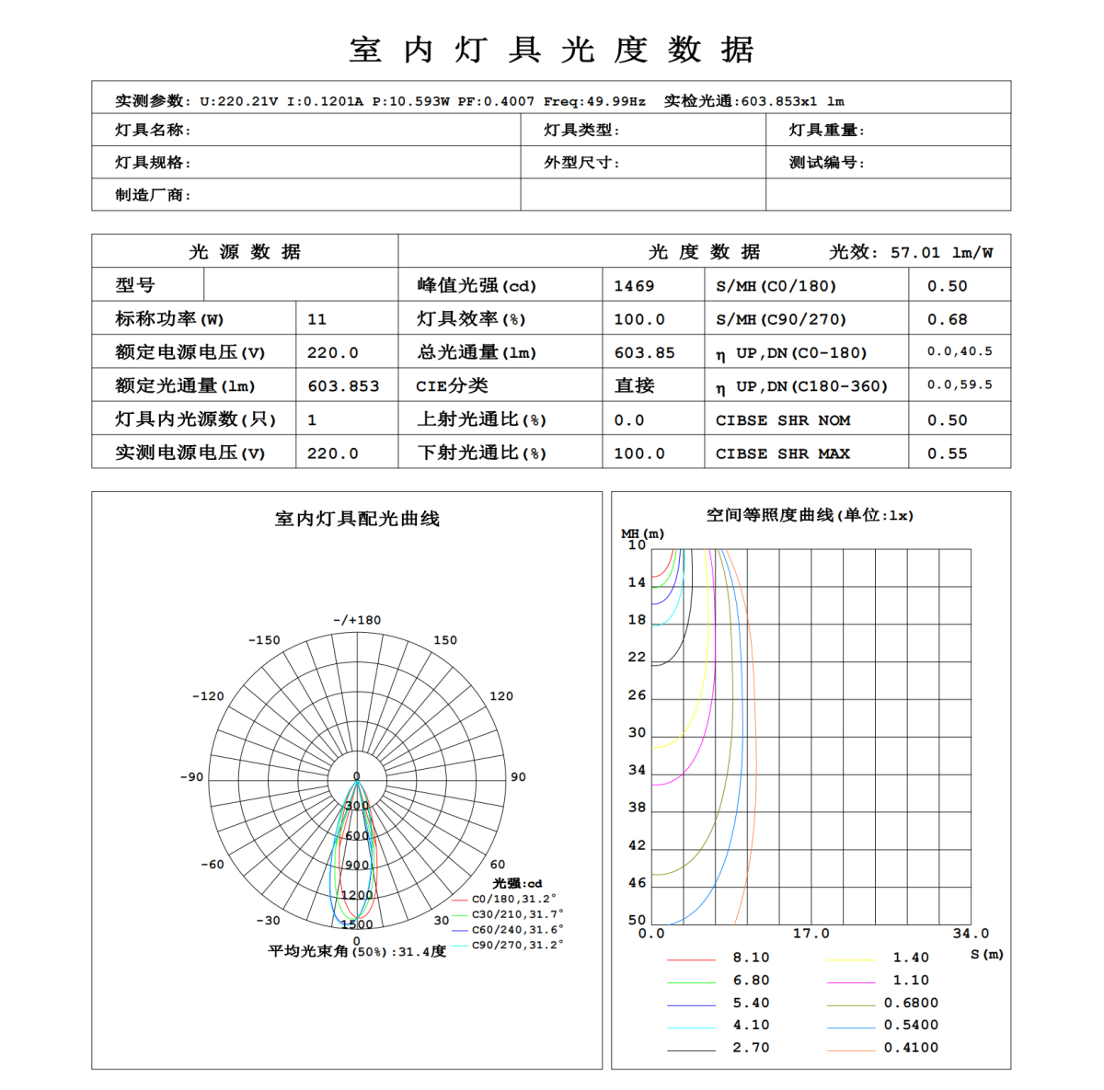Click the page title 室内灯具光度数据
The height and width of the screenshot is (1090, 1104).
551,50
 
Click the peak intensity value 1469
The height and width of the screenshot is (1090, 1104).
634,286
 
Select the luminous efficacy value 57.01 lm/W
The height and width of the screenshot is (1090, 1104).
941,252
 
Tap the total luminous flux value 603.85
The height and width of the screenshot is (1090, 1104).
644,352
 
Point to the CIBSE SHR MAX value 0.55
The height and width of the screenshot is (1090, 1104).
947,453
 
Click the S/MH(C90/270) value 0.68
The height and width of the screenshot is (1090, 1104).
947,319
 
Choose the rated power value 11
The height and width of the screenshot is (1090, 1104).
316,319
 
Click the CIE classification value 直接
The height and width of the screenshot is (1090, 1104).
634,386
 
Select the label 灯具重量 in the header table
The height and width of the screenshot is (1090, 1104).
826,131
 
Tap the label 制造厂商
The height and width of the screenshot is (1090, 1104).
153,195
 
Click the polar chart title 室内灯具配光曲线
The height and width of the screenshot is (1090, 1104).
357,519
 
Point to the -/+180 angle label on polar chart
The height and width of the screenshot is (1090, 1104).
357,620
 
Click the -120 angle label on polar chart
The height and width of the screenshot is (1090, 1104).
208,696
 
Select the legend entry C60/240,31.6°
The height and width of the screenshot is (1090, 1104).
517,930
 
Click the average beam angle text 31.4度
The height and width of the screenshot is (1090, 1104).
422,951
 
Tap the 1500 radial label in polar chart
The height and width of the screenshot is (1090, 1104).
357,924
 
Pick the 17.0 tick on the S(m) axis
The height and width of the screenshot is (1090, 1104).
811,934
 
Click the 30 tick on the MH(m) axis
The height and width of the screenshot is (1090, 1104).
637,733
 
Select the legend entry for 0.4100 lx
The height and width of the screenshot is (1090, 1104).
911,1048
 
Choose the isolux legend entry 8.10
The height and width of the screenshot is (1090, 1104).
751,958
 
